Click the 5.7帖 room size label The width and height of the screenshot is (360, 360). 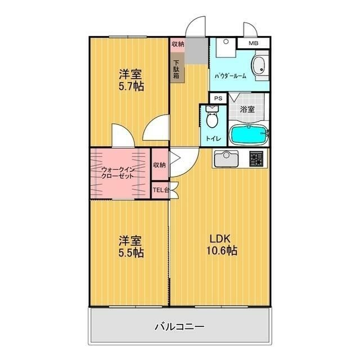click(x=130, y=87)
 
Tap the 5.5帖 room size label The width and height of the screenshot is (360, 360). click(x=130, y=253)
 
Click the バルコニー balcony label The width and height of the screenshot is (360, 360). click(x=180, y=326)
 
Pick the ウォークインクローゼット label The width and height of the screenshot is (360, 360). click(x=118, y=172)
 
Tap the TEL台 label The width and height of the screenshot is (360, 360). click(x=161, y=190)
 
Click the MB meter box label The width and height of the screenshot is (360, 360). click(x=253, y=43)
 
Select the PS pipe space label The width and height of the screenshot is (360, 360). click(x=218, y=98)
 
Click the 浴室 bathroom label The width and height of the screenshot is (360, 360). click(x=247, y=110)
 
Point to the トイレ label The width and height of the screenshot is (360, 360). click(x=213, y=138)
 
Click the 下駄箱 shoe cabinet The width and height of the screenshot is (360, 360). click(x=177, y=69)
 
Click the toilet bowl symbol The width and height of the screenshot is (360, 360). click(x=212, y=120)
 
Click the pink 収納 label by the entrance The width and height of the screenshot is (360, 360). click(x=177, y=43)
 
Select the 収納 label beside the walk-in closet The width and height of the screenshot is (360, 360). click(x=160, y=165)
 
